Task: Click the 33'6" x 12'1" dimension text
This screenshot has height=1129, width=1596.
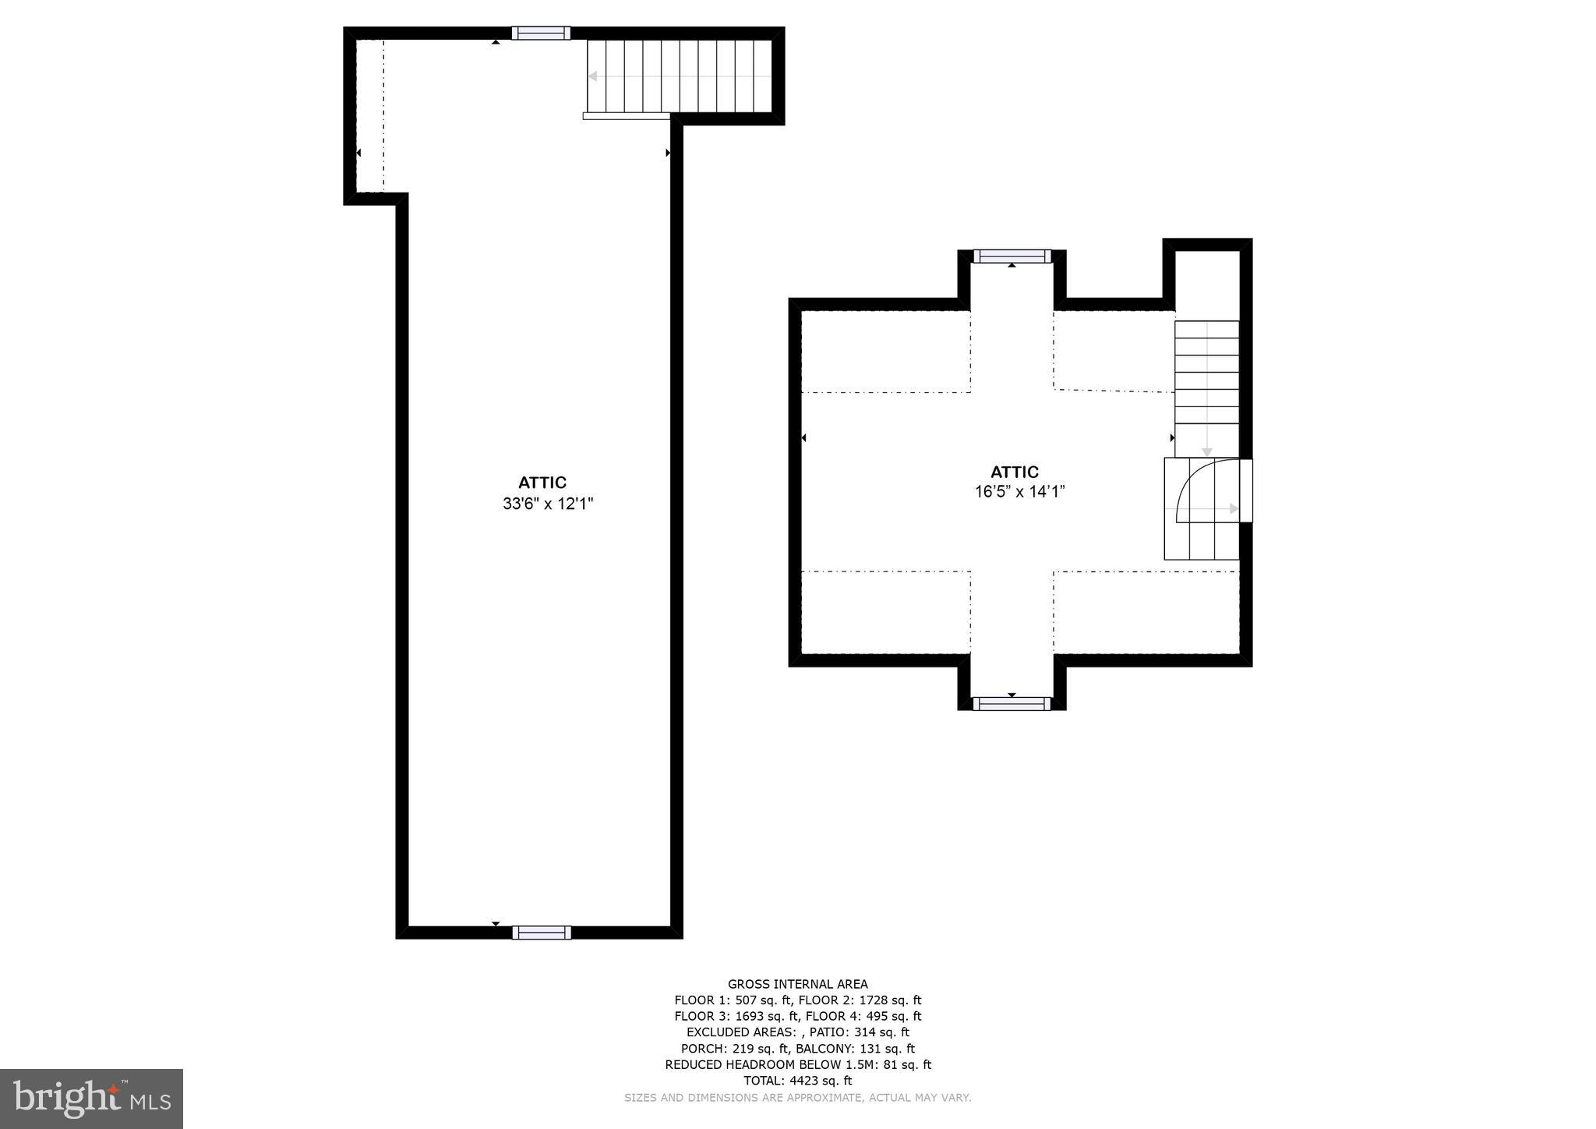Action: point(548,504)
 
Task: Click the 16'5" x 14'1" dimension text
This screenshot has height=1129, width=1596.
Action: point(1019,492)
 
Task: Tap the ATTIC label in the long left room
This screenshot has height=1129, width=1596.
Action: point(542,483)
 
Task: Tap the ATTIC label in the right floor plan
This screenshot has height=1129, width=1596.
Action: point(1014,472)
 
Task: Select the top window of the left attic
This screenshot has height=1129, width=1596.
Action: point(541,33)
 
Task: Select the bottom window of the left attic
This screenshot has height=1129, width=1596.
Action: point(541,933)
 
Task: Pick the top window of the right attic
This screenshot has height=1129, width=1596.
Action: point(1012,257)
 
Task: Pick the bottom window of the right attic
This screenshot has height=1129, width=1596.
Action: point(1012,704)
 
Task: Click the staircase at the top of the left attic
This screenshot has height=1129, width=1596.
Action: point(679,76)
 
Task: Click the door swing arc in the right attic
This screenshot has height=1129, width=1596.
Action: point(1204,487)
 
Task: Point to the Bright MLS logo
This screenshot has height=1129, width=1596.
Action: point(91,1099)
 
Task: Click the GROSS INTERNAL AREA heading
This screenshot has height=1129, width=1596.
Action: point(797,984)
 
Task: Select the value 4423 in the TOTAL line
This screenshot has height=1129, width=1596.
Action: point(805,1081)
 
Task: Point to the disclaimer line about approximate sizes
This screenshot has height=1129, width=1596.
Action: point(797,1098)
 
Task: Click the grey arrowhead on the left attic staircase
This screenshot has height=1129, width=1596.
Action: point(593,76)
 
